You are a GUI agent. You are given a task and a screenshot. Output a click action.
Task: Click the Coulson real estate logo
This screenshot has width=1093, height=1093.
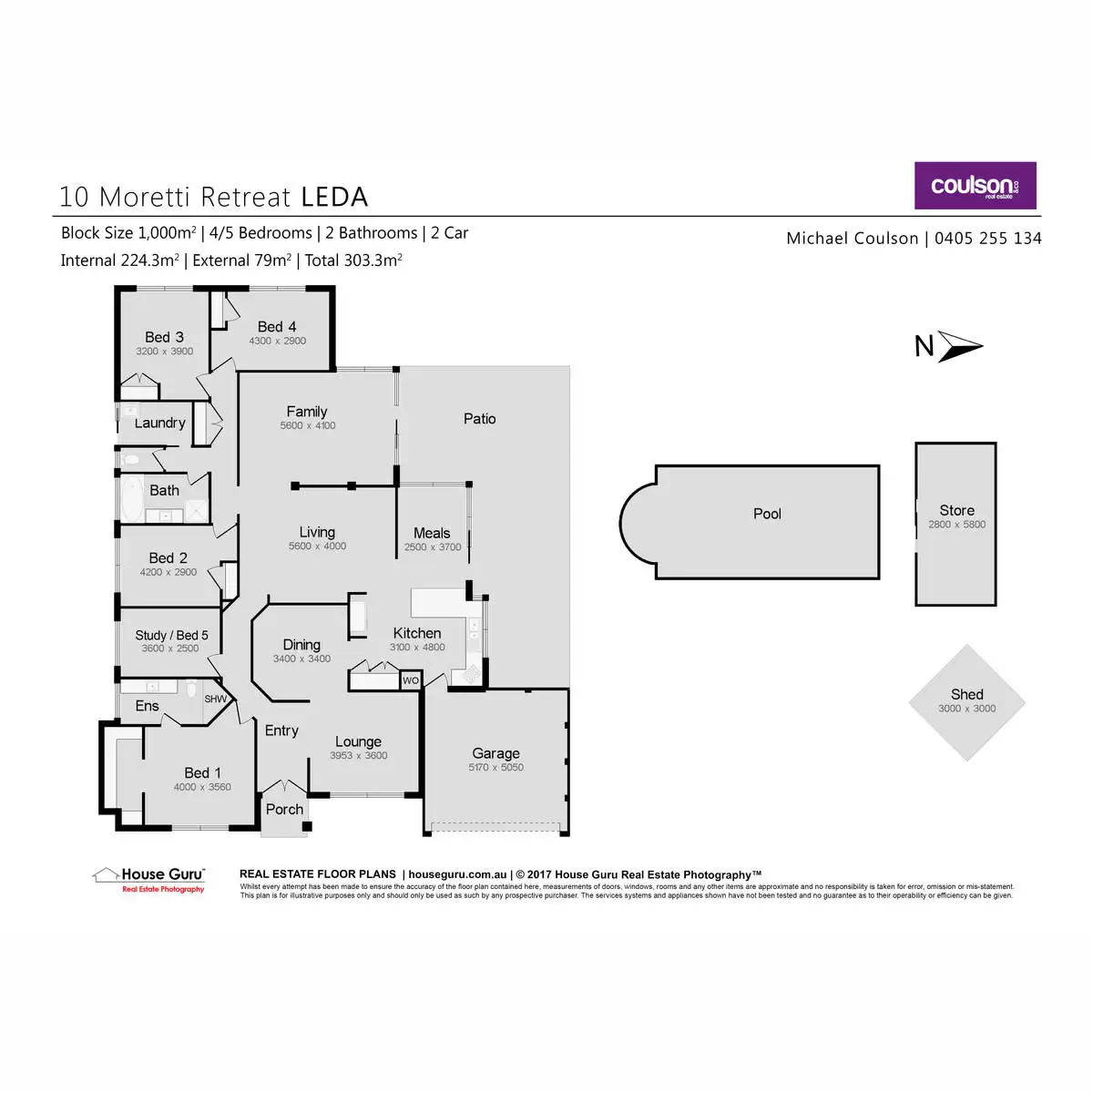click(x=975, y=186)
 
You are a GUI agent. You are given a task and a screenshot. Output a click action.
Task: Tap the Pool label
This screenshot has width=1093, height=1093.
click(x=767, y=514)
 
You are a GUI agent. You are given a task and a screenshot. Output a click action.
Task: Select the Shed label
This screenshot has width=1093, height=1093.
click(x=966, y=694)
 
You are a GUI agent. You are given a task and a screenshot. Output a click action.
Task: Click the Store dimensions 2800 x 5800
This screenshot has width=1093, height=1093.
click(x=956, y=525)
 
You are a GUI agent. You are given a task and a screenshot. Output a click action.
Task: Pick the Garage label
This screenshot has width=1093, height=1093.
click(x=495, y=753)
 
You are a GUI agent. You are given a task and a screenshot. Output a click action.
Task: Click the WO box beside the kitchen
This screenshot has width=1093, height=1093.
click(x=411, y=680)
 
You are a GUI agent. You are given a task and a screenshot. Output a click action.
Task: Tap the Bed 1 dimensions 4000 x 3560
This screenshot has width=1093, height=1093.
click(x=202, y=787)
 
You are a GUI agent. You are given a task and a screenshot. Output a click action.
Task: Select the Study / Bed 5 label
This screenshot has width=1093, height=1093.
click(x=171, y=635)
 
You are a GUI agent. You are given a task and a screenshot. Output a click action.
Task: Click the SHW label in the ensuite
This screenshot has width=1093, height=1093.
click(x=215, y=700)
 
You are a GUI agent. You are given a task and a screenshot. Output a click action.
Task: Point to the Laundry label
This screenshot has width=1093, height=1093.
click(x=159, y=423)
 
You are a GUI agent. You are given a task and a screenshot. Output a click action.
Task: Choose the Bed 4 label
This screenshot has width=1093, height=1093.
click(x=277, y=326)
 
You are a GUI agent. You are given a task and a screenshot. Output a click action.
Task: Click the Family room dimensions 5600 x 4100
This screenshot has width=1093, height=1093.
click(x=308, y=425)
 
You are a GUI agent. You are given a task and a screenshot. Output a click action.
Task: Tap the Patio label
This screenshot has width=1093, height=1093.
click(x=479, y=419)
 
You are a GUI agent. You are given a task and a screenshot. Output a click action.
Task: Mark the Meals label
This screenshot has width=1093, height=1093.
click(x=432, y=533)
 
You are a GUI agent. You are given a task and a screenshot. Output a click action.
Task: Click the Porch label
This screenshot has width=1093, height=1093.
click(x=284, y=809)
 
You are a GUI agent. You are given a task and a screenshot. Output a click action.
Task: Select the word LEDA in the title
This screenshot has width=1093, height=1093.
click(x=334, y=197)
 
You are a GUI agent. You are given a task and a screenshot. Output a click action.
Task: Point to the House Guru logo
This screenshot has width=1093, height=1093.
click(x=150, y=878)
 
